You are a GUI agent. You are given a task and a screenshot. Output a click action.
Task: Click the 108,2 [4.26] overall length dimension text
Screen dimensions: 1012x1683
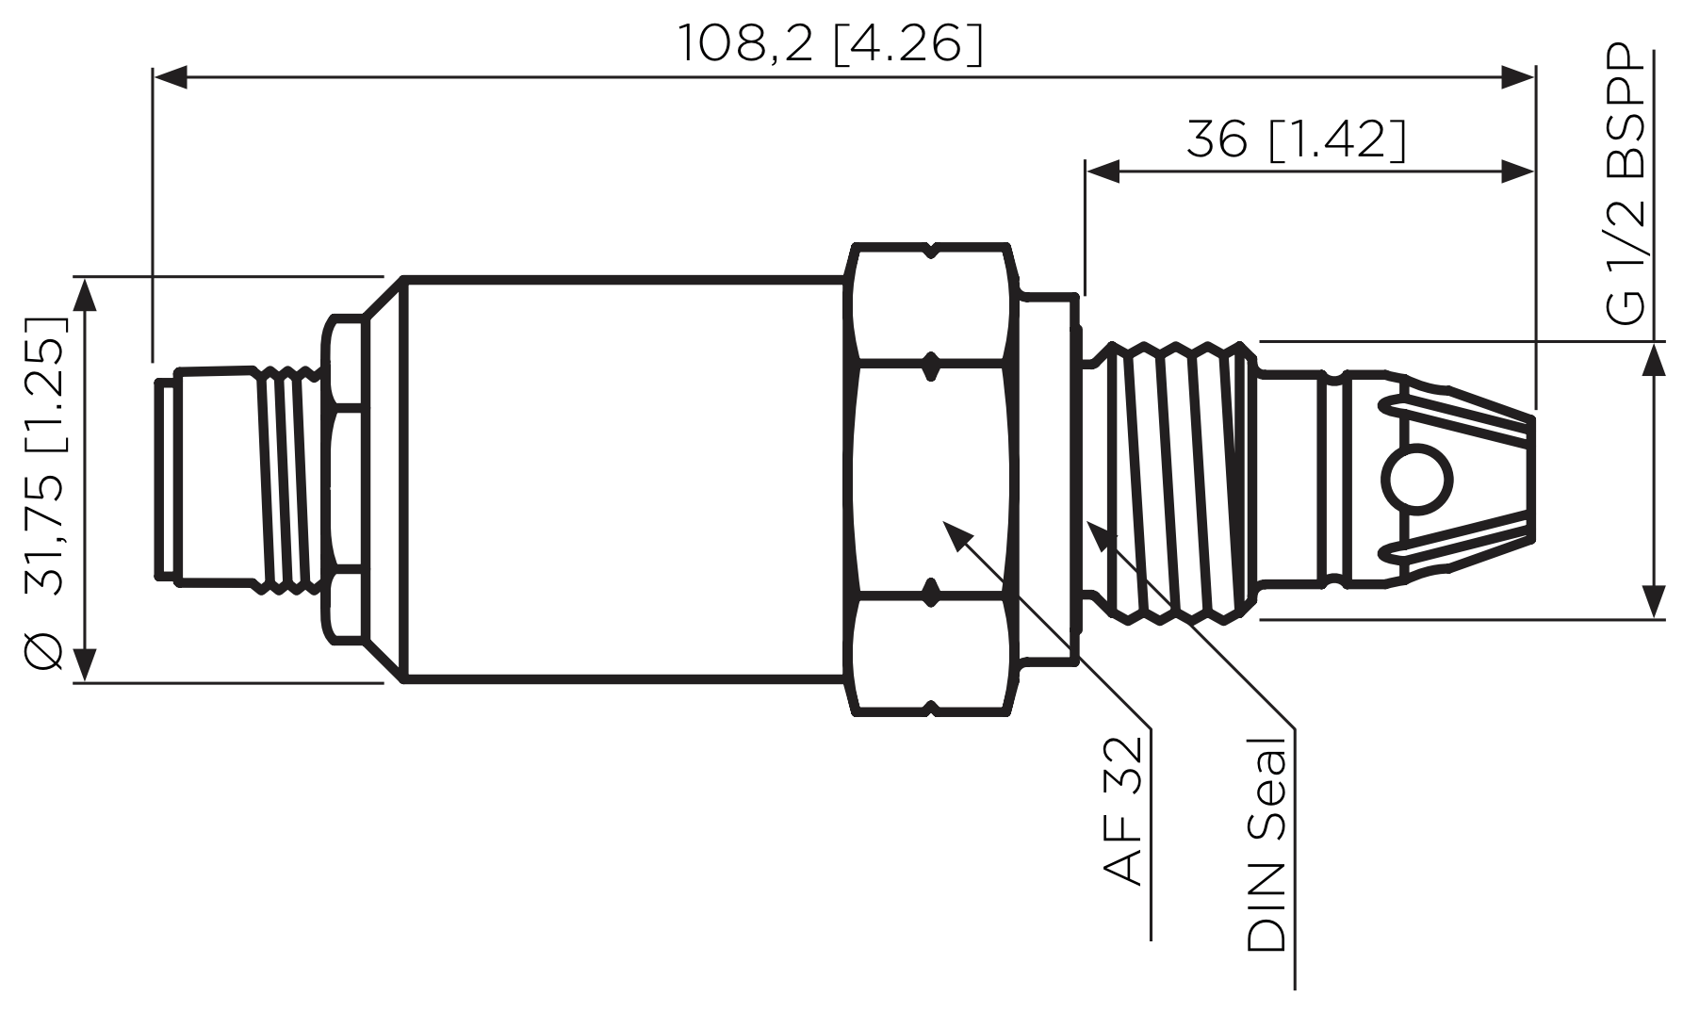tap(830, 44)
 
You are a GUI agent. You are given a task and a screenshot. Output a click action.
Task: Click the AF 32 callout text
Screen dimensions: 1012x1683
tap(1122, 810)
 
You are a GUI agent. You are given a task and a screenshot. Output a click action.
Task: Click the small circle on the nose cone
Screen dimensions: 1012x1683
tap(1417, 481)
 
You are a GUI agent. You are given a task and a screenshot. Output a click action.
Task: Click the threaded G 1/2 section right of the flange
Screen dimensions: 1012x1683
tap(1168, 481)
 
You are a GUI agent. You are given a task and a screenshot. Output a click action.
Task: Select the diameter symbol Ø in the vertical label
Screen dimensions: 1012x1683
tap(44, 650)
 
